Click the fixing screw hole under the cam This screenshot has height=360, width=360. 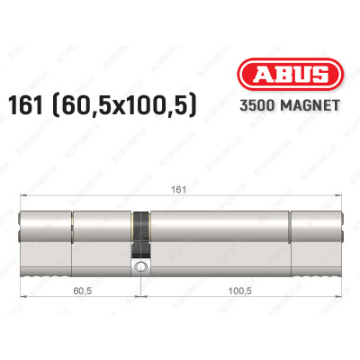(140, 267)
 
